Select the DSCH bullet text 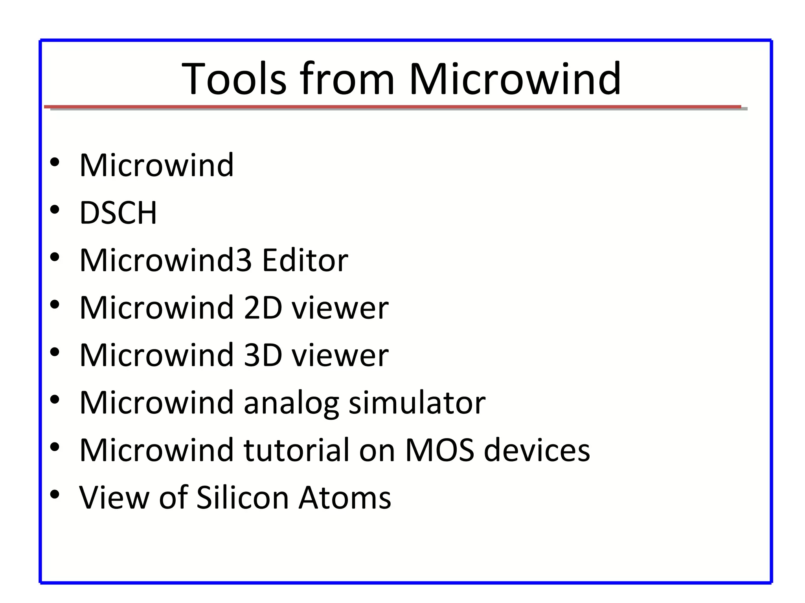tap(118, 213)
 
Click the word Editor tap(305, 260)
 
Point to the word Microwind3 tap(165, 260)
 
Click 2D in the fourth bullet tap(263, 308)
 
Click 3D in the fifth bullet tap(263, 355)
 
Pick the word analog tap(291, 404)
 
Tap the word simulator tap(417, 403)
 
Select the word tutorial tap(297, 450)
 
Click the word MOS tap(440, 450)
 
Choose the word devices tap(537, 450)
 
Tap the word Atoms tap(345, 498)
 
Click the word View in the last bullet tap(114, 498)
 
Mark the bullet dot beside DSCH tap(55, 210)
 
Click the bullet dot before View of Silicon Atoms tap(55, 495)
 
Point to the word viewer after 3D tap(340, 355)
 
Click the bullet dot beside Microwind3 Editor tap(55, 258)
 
